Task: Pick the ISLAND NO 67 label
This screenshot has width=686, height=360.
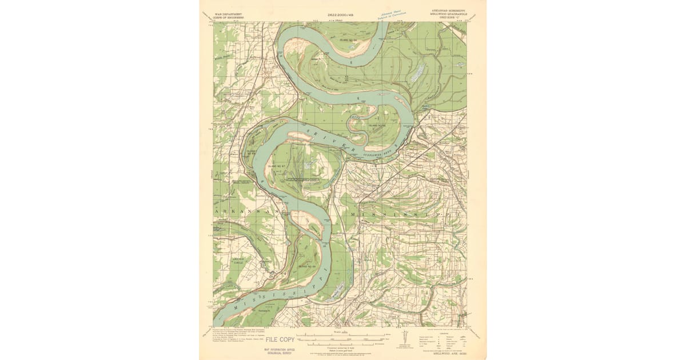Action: point(276,166)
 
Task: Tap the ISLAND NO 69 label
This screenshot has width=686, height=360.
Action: point(307,266)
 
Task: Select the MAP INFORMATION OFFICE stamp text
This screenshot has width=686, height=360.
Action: point(279,350)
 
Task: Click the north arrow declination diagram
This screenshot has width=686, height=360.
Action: point(405,338)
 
